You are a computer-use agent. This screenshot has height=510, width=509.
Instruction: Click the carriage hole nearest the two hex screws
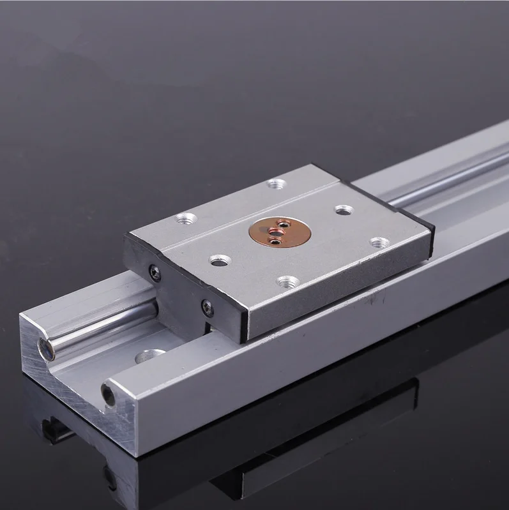221,260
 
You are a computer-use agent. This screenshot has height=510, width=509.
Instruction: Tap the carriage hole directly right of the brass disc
345,210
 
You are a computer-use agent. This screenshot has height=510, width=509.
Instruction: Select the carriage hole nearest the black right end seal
379,243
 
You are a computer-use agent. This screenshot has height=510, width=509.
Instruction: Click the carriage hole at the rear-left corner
186,218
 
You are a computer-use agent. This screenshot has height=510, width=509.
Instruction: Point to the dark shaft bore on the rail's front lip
108,394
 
